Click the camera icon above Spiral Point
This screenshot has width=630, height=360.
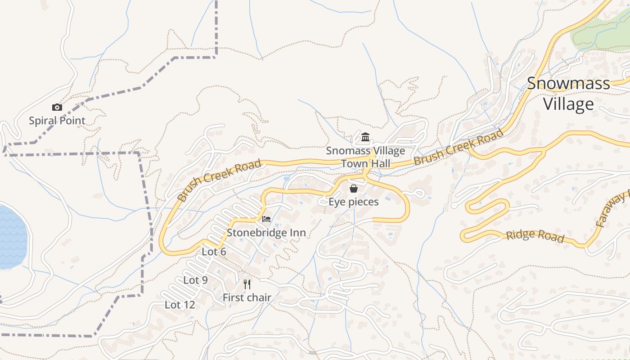coord(57,107)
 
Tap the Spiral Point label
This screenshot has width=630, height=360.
coord(57,121)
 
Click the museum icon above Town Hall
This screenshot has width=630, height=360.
coord(365,137)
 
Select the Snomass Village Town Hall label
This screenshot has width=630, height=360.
coord(365,157)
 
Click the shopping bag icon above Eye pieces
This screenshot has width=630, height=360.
coord(354,189)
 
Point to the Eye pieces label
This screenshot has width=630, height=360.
coord(354,202)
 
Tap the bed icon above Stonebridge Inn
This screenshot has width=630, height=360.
coord(266,219)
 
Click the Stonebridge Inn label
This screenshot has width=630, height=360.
coord(266,233)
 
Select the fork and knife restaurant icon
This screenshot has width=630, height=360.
coord(247,284)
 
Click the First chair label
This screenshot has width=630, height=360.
coord(247,297)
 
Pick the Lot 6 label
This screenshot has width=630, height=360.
coord(214,252)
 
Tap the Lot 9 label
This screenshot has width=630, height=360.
coord(195,280)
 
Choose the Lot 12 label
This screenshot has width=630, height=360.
coord(180,305)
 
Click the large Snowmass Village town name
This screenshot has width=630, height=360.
coord(568,94)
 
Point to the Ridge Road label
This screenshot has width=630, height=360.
coord(535,236)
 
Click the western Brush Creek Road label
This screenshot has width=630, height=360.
coord(219,180)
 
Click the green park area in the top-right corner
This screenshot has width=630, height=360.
coord(601,31)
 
